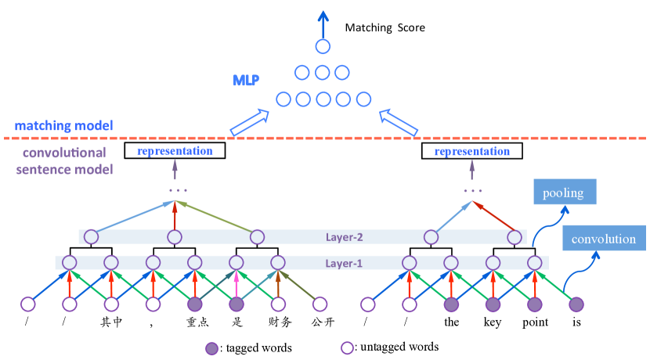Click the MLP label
[x=246, y=80]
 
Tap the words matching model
[x=63, y=125]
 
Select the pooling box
[x=564, y=192]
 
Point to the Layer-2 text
[x=345, y=236]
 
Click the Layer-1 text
[x=344, y=263]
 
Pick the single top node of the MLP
[x=323, y=46]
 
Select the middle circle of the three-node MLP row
[x=322, y=73]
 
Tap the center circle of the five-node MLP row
[x=323, y=99]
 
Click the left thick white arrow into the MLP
[x=249, y=122]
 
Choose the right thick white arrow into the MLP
[x=398, y=122]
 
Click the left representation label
[x=175, y=151]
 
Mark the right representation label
[x=472, y=151]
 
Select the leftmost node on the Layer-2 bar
[x=92, y=236]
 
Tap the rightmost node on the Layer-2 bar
[x=514, y=236]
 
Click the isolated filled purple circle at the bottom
[x=211, y=347]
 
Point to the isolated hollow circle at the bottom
[x=347, y=347]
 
